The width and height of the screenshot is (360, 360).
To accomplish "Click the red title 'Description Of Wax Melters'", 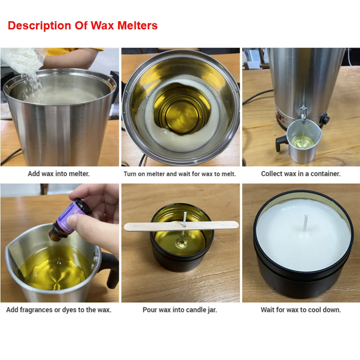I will click(x=83, y=25).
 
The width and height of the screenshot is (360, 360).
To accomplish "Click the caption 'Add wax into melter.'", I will click(x=59, y=174).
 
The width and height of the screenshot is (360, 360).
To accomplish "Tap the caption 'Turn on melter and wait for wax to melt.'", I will click(x=180, y=174).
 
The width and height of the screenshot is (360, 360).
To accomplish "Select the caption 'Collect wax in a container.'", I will click(x=300, y=174).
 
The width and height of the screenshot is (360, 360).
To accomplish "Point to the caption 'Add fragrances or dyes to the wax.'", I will click(x=59, y=310).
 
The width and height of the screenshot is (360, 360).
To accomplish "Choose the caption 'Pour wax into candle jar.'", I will click(x=180, y=310).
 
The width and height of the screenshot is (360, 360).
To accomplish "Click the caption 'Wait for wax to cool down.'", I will click(x=300, y=310).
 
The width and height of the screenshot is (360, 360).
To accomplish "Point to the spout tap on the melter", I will click(x=303, y=114).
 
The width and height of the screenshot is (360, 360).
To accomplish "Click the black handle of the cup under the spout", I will click(x=281, y=143).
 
